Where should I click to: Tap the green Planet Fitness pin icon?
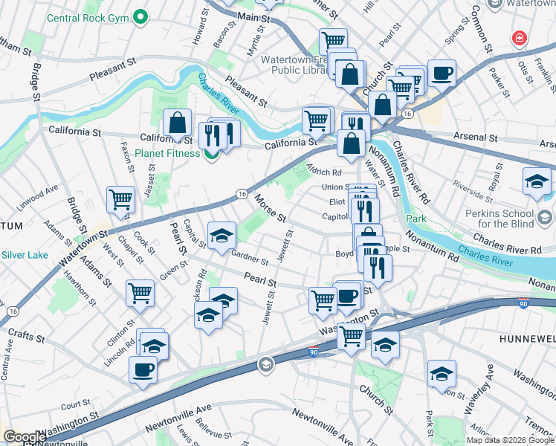tap(212, 154)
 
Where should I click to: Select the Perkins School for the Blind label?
tap(513, 219)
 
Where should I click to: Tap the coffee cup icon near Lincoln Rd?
tap(143, 369)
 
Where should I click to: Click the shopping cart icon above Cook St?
tap(120, 199)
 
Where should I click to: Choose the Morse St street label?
tap(271, 209)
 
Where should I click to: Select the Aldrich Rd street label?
tap(324, 172)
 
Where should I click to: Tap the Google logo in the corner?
tap(24, 437)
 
